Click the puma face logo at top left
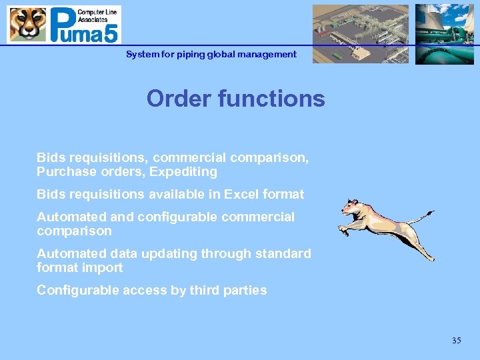pyautogui.click(x=28, y=24)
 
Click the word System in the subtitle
pyautogui.click(x=141, y=54)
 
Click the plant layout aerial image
pyautogui.click(x=360, y=33)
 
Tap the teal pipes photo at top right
pyautogui.click(x=444, y=33)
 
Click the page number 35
pyautogui.click(x=456, y=341)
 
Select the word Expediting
pyautogui.click(x=183, y=172)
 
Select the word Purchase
pyautogui.click(x=65, y=172)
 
